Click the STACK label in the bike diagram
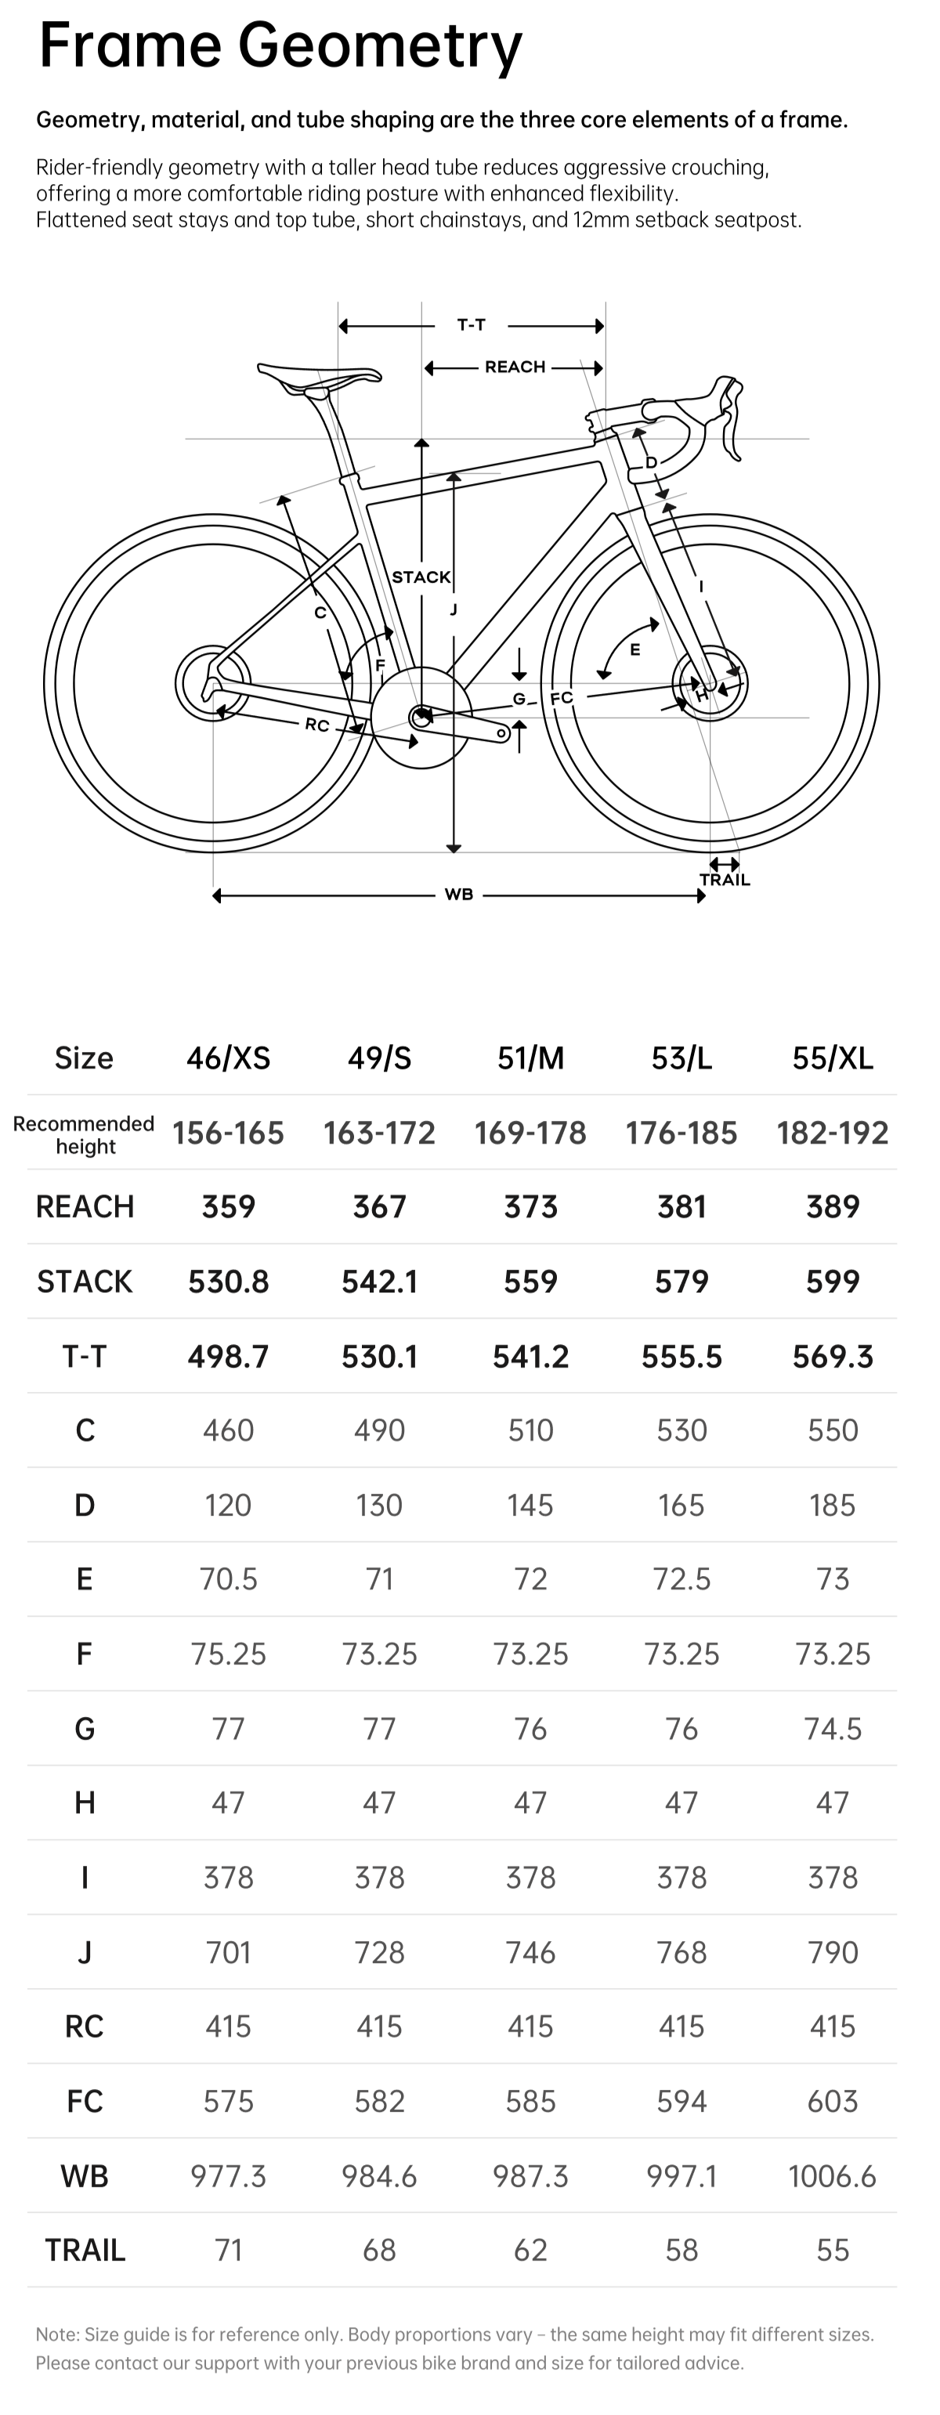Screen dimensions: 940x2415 [x=421, y=577]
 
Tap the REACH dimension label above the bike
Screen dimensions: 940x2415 [x=515, y=367]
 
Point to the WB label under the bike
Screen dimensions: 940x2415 [x=458, y=895]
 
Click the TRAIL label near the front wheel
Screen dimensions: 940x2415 [x=725, y=880]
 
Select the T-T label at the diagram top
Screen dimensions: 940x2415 [x=472, y=324]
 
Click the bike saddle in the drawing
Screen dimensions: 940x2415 [x=319, y=377]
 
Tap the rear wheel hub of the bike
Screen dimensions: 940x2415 [x=214, y=682]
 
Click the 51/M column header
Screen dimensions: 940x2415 [x=530, y=1057]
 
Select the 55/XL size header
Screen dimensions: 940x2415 [x=832, y=1057]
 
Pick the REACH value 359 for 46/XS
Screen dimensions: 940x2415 [x=229, y=1206]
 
